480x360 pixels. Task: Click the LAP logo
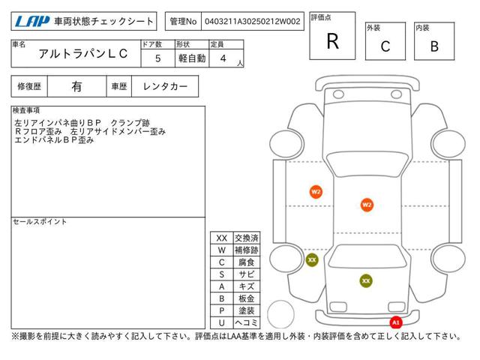[x=32, y=21]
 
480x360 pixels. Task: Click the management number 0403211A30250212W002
[x=253, y=22]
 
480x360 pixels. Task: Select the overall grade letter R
[x=333, y=41]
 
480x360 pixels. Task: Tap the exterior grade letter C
[x=385, y=46]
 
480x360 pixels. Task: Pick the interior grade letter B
[x=434, y=46]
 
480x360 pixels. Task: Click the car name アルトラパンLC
[x=83, y=53]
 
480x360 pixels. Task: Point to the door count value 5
[x=158, y=58]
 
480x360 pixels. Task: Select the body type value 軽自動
[x=192, y=58]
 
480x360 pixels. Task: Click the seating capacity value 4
[x=223, y=58]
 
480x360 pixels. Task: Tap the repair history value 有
[x=76, y=87]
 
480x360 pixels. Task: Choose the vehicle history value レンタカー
[x=165, y=87]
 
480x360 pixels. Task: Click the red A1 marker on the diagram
[x=396, y=322]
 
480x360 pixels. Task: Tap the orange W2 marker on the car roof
[x=367, y=205]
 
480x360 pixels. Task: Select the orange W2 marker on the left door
[x=316, y=192]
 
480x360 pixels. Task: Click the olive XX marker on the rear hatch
[x=366, y=280]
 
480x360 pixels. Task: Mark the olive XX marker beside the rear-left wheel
[x=312, y=260]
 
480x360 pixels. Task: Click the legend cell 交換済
[x=247, y=238]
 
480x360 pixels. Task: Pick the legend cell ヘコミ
[x=247, y=322]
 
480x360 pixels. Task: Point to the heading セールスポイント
[x=40, y=222]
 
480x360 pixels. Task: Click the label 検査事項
[x=26, y=110]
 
